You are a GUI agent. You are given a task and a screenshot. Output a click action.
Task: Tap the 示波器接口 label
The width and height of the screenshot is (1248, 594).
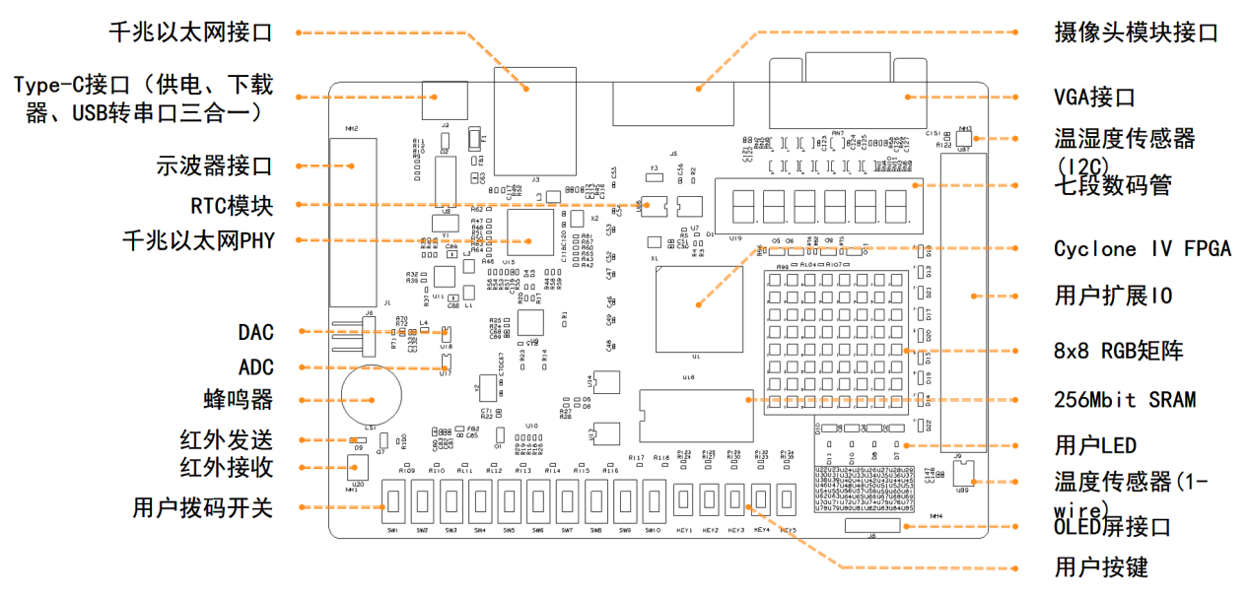tap(214, 165)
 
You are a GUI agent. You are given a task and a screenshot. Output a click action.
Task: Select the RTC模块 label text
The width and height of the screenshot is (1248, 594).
tap(231, 206)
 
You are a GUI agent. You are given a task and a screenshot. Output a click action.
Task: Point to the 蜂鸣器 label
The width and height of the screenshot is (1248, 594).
tap(238, 400)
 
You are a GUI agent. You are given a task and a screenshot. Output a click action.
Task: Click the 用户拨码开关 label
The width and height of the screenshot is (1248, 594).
tap(202, 508)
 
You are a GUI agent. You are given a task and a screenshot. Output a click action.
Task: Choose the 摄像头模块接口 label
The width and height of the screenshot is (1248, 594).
tap(1136, 33)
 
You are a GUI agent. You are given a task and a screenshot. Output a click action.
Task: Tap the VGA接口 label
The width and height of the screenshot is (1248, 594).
tap(1094, 98)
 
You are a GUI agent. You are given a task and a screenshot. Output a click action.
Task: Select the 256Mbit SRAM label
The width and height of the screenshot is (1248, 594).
tap(1125, 400)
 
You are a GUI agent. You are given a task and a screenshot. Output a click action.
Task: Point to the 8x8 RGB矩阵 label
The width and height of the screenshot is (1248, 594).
tap(1119, 351)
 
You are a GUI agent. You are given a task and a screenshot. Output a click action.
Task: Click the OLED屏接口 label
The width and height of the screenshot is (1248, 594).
tap(1112, 527)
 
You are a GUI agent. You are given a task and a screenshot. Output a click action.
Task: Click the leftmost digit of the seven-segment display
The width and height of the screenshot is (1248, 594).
tap(741, 206)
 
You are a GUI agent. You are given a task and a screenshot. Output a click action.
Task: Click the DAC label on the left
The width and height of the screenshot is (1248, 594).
tap(255, 332)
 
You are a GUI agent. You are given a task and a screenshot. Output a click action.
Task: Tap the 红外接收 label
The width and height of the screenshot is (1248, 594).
tap(226, 467)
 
